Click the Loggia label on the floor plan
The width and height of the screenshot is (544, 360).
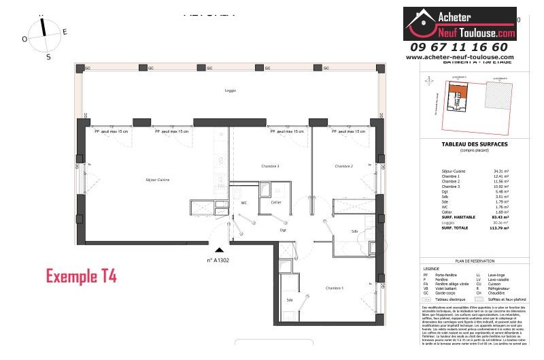[229, 91]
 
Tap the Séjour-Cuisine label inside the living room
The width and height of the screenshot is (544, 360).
[157, 180]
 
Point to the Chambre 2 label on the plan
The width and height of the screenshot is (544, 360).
[343, 166]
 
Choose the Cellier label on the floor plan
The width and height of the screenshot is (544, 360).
[275, 203]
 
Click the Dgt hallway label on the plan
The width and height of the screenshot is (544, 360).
[284, 231]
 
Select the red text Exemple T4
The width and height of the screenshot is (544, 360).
[81, 276]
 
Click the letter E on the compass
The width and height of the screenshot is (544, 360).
[65, 32]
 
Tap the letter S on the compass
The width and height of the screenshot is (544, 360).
[48, 57]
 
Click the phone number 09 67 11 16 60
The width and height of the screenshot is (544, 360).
[459, 47]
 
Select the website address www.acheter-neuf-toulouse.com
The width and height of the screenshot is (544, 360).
[460, 58]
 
